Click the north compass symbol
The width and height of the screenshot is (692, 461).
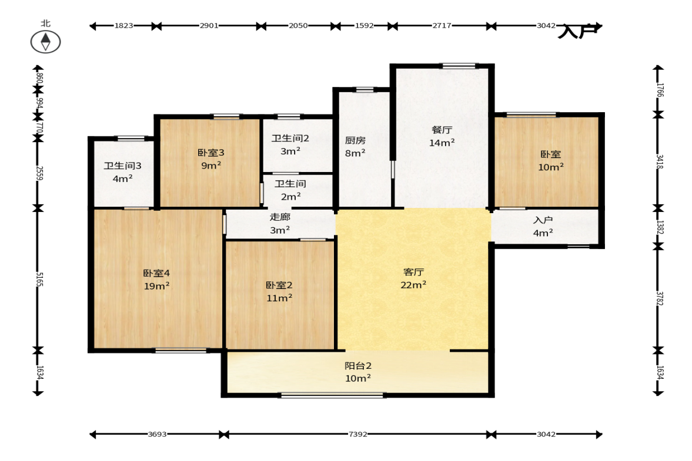[45, 42]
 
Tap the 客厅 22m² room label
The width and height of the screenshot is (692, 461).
[413, 278]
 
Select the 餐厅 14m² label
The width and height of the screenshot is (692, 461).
[442, 136]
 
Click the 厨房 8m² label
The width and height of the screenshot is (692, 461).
[355, 146]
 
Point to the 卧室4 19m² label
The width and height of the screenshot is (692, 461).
[156, 280]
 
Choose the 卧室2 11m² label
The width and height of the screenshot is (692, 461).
[279, 291]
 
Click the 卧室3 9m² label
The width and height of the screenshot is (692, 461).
[211, 159]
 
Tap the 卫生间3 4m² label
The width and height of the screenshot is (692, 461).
[123, 172]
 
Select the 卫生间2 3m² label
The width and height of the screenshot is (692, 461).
[290, 144]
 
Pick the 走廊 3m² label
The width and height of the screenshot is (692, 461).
[280, 223]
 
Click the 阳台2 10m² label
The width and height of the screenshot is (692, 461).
[358, 372]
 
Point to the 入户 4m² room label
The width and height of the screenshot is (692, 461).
[543, 226]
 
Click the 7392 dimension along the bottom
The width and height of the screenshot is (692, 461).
[357, 434]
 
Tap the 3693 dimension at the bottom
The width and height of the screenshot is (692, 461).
[157, 434]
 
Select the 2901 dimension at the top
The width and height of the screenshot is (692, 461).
[209, 26]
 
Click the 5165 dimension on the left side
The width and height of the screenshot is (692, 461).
[39, 280]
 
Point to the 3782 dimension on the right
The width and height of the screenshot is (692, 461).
[659, 298]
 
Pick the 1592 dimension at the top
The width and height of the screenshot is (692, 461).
[365, 26]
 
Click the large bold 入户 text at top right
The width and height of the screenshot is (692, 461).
[577, 31]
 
